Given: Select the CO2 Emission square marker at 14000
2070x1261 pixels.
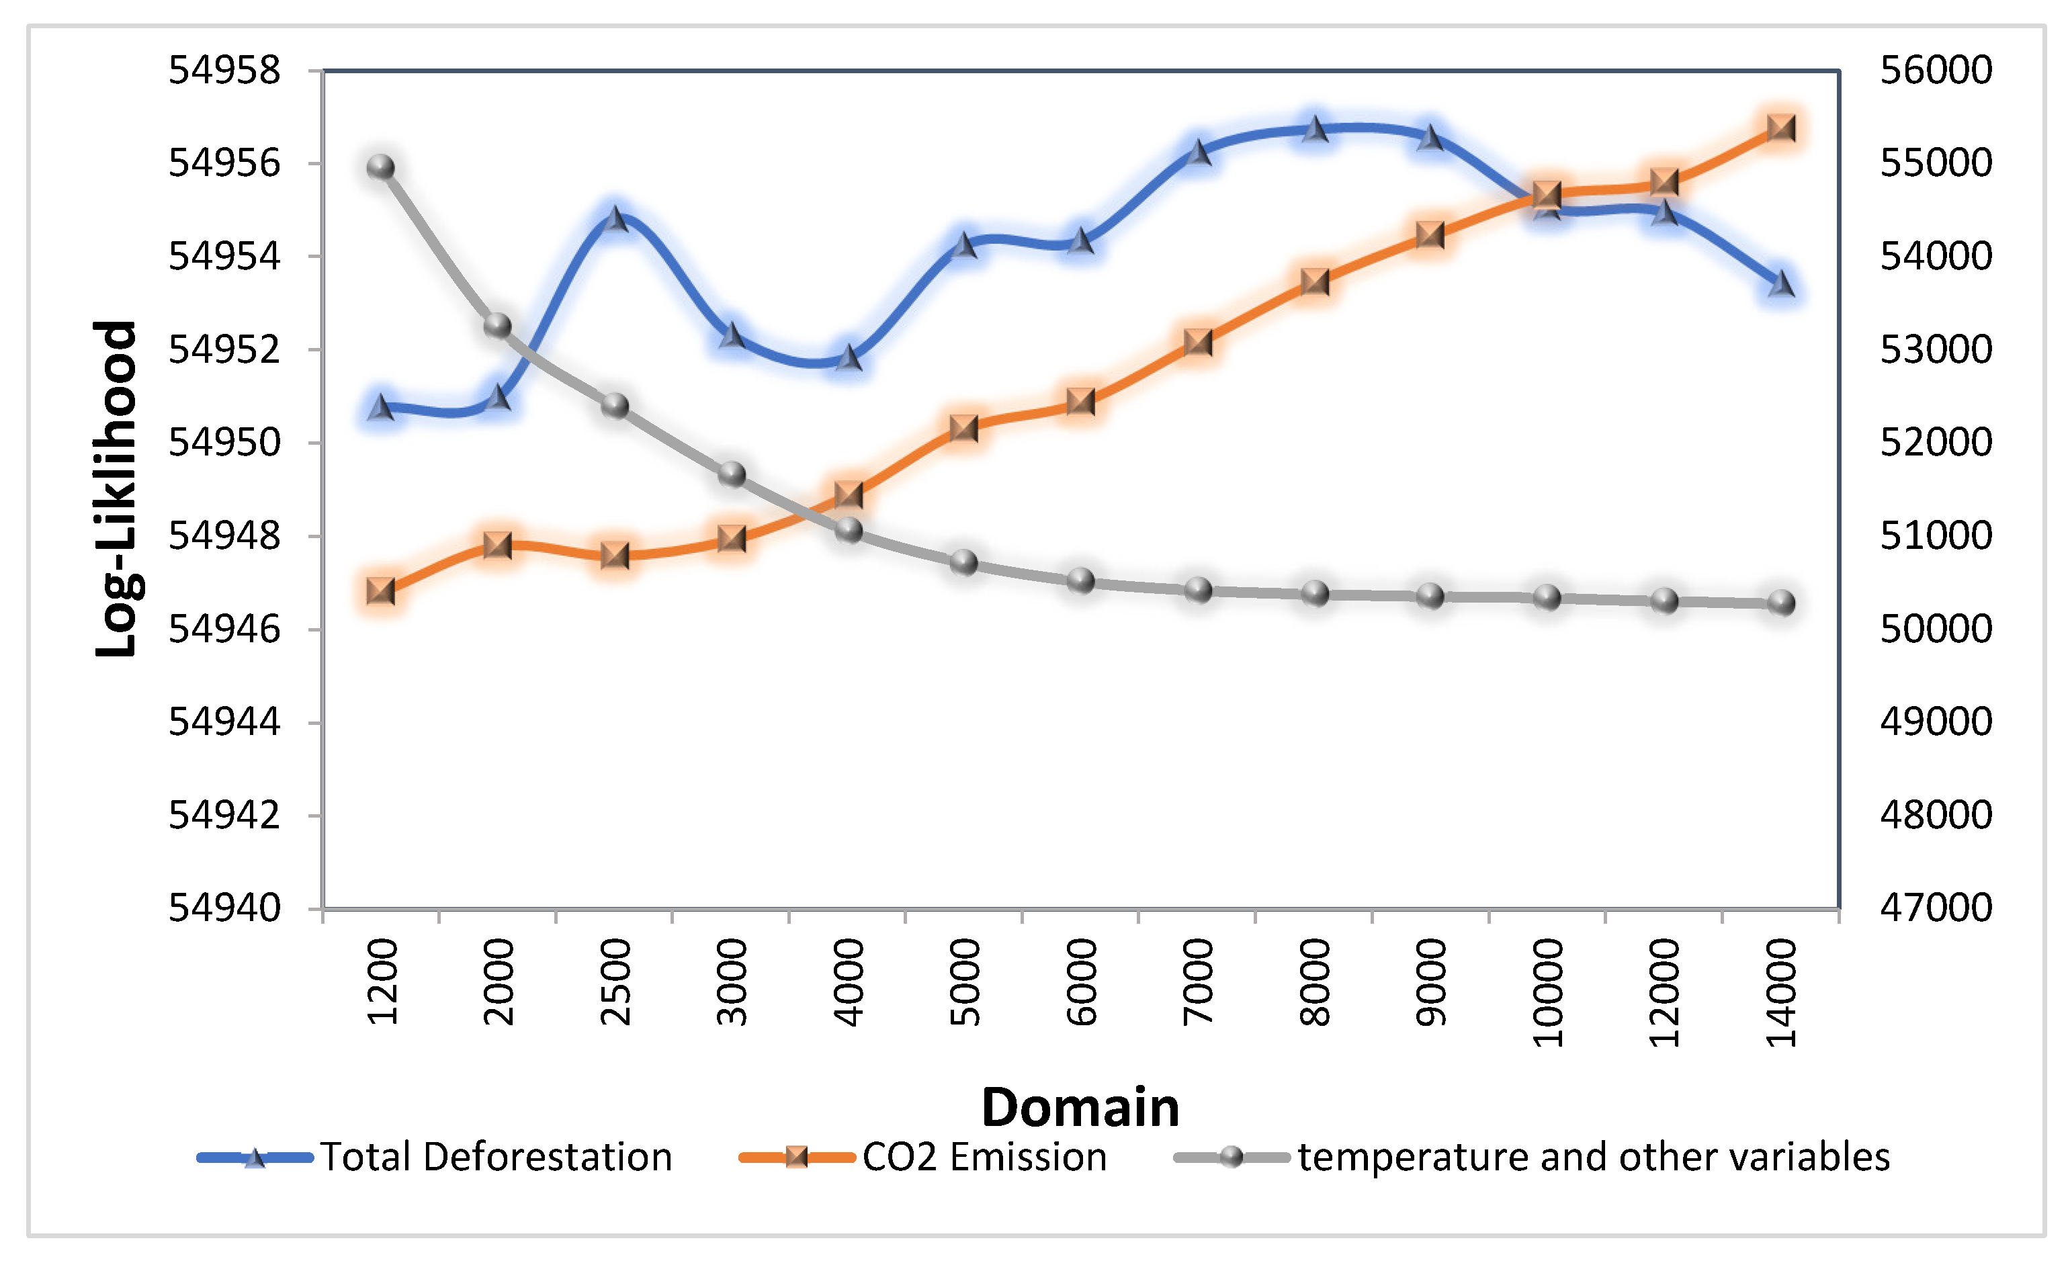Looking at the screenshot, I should pos(1781,128).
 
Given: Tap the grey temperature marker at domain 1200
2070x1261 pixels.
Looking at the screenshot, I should pos(380,167).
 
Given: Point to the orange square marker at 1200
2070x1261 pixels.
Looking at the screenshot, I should pos(380,591).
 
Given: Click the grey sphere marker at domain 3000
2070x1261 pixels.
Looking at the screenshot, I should pos(732,474).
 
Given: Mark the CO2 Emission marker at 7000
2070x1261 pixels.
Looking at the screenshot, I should pos(1198,343).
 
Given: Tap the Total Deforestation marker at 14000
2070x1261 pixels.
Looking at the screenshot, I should pos(1781,286).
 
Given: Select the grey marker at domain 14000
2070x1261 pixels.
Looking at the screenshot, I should pos(1781,603).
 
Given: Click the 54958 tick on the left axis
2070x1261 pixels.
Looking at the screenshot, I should pos(224,71).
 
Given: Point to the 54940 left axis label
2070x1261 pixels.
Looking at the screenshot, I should pos(224,908).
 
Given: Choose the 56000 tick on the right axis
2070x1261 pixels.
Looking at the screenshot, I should pos(1936,71).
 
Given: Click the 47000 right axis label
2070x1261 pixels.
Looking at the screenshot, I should pos(1936,908).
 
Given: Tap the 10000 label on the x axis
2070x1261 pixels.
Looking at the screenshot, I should pos(1547,993).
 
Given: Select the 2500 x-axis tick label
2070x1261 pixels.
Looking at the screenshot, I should pos(616,982).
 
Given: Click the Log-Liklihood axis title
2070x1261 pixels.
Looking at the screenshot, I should pos(116,488).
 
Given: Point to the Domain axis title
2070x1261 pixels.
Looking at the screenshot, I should pos(1080,1107).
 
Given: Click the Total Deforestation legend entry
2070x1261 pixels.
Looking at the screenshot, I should pos(496,1158).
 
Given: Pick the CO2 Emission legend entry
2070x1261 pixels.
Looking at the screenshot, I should pos(984,1158).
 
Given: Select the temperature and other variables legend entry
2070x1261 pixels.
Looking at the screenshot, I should pos(1593,1158).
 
